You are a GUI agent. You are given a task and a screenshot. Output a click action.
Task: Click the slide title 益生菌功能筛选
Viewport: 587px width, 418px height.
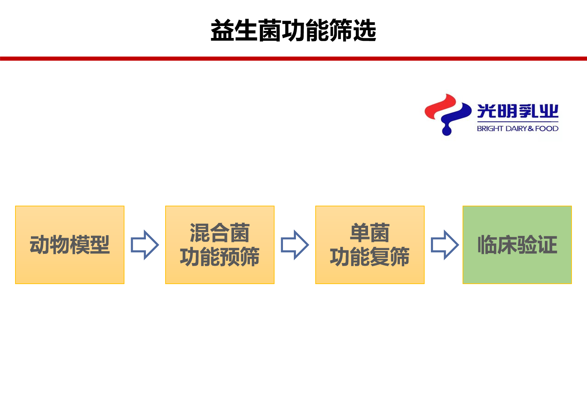click(293, 30)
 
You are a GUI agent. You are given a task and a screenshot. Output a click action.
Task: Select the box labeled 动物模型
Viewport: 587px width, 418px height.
click(70, 245)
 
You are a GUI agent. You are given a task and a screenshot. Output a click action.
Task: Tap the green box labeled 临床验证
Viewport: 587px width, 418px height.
click(517, 245)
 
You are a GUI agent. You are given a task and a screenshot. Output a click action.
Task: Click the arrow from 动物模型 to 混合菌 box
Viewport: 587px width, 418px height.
click(145, 245)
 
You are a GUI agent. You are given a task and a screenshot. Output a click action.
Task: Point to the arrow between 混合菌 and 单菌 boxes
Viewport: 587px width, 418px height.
click(295, 245)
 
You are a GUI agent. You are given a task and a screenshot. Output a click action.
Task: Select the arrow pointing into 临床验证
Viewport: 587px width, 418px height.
click(445, 245)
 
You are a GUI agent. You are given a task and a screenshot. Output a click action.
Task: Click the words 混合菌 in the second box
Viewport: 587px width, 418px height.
click(220, 233)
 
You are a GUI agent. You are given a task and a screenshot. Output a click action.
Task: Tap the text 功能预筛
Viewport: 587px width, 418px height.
click(220, 257)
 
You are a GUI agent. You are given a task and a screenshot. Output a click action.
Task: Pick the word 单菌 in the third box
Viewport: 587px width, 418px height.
click(370, 233)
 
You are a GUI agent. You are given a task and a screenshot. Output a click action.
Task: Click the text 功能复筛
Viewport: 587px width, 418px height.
click(370, 257)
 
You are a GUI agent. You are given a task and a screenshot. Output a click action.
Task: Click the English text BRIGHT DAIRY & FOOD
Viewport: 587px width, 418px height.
click(517, 128)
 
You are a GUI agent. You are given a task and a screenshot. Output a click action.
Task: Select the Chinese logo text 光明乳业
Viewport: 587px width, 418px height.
click(517, 111)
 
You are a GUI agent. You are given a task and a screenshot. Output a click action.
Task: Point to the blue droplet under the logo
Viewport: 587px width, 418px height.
click(447, 130)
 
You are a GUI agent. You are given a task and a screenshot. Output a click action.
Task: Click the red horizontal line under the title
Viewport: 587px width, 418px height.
click(293, 58)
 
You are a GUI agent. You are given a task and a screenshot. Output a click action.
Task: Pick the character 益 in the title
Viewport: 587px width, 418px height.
click(222, 30)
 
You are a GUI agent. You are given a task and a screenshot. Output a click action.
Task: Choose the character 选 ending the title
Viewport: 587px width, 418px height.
click(365, 30)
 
